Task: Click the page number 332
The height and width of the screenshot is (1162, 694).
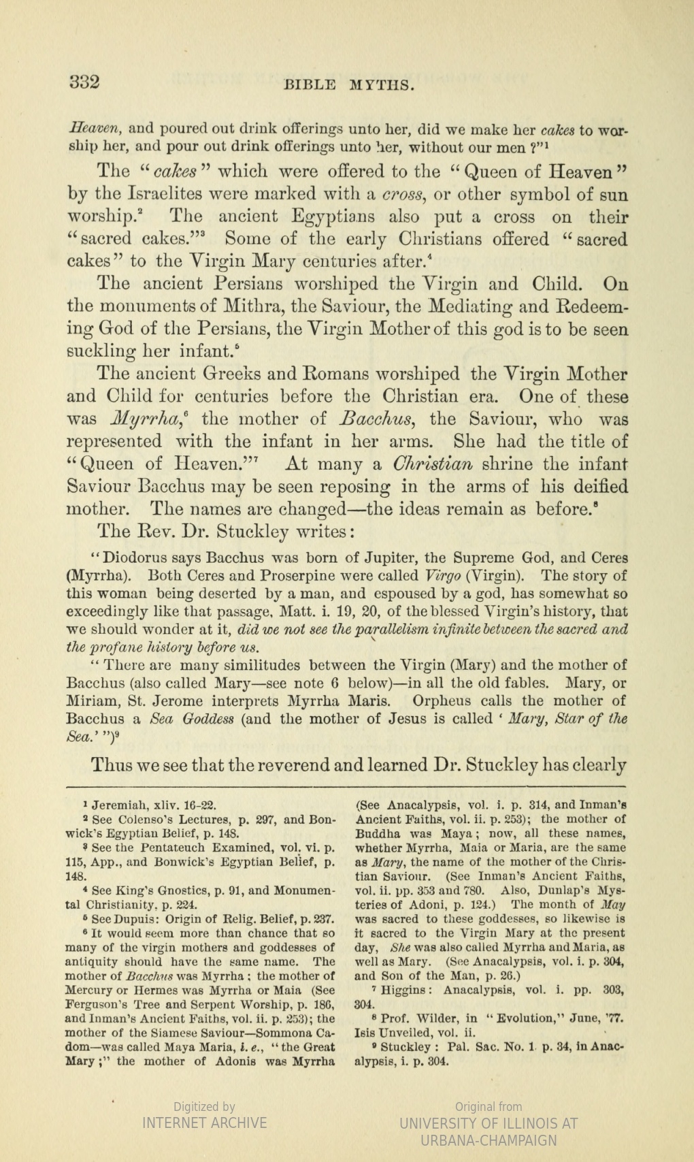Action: click(x=85, y=82)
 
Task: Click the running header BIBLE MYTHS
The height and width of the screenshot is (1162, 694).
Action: click(x=348, y=85)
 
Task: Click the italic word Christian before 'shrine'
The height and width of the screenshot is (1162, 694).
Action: click(x=433, y=464)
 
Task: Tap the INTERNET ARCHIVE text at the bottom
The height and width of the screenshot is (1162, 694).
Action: click(x=204, y=1123)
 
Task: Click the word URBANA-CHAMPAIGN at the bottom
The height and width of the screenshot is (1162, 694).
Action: click(x=489, y=1140)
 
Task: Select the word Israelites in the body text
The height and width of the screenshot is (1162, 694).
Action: click(x=152, y=195)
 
